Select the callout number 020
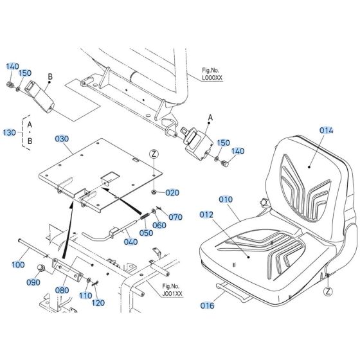click(172, 192)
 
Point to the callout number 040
click(131, 242)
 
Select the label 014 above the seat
click(327, 130)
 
